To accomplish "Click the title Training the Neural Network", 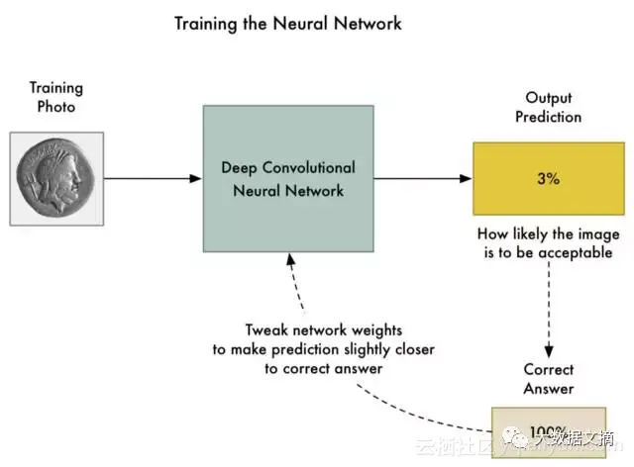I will click(x=288, y=22).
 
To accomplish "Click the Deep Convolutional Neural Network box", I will click(x=288, y=178).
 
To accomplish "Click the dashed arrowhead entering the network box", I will click(x=288, y=259).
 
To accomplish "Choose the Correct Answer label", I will click(x=549, y=378).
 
